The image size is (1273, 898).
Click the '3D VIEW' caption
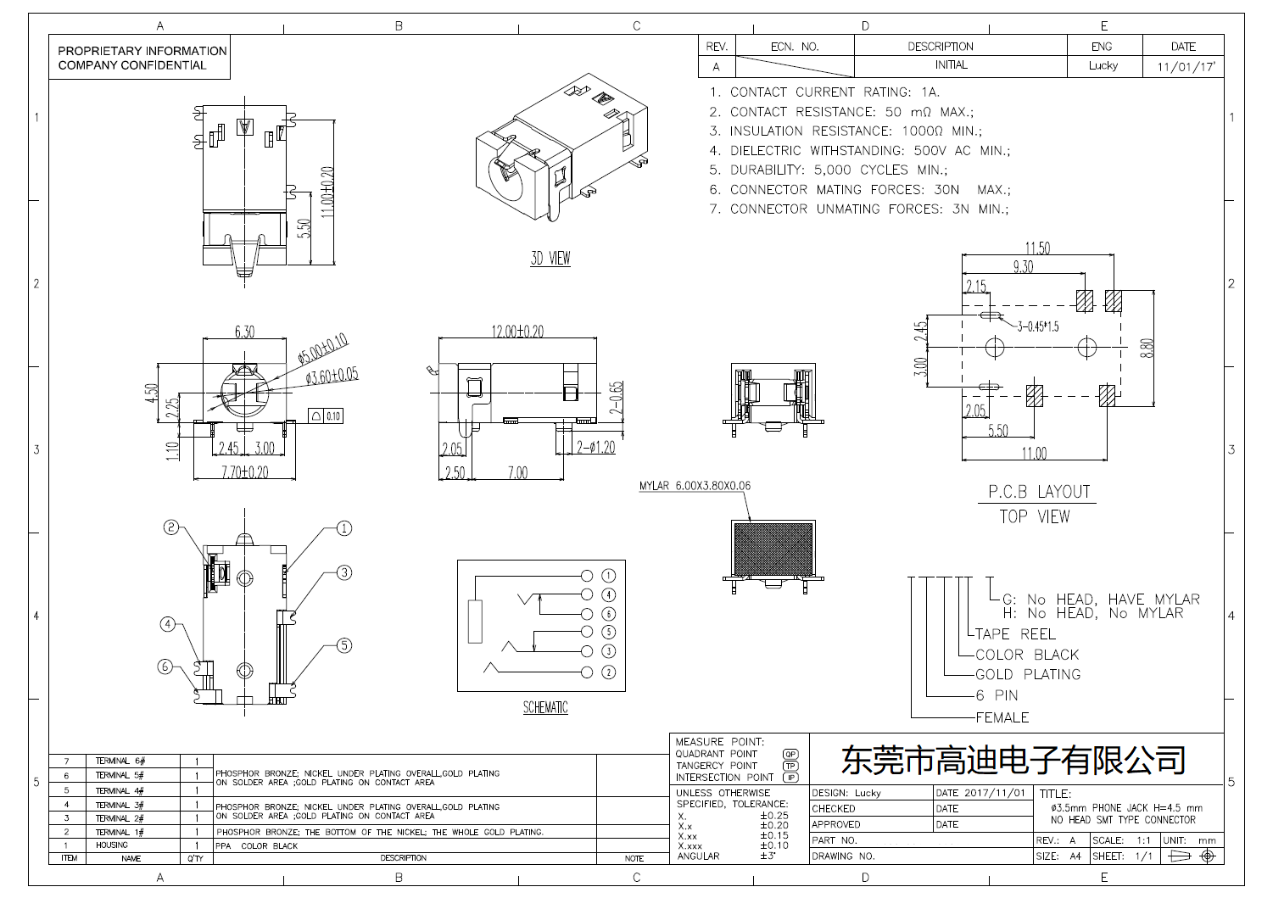click(550, 259)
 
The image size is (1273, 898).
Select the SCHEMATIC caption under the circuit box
click(544, 707)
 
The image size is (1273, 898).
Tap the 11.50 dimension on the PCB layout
click(1037, 248)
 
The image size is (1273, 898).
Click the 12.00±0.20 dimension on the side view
click(517, 331)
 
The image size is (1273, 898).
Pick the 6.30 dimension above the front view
click(244, 331)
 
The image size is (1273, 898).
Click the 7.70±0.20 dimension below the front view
click(244, 472)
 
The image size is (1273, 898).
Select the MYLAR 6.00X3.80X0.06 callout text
click(695, 486)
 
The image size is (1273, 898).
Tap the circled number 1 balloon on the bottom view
click(344, 528)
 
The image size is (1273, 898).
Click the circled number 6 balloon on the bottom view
click(166, 667)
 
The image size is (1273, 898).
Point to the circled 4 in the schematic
click(608, 595)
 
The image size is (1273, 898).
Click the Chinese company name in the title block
click(1013, 760)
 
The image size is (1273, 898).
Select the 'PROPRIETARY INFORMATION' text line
click(142, 51)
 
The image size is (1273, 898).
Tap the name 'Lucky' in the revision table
click(1103, 65)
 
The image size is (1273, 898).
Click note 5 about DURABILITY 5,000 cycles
click(828, 170)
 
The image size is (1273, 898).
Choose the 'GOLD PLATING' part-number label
click(1028, 674)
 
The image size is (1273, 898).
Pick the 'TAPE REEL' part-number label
click(1015, 633)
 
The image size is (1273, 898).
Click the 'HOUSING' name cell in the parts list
click(111, 845)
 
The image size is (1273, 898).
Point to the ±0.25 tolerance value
click(773, 815)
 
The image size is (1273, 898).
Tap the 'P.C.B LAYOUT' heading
click(1039, 492)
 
